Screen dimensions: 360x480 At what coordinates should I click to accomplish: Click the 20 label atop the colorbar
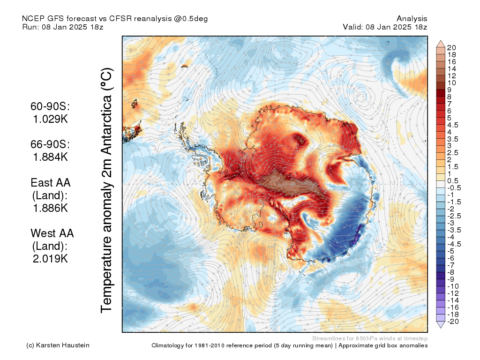click(452, 47)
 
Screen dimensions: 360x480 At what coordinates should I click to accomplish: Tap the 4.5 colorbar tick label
click(453, 125)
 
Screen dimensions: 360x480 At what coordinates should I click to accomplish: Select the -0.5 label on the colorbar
click(454, 187)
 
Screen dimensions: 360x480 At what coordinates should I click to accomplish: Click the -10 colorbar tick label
click(453, 286)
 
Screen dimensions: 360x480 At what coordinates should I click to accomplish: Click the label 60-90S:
click(50, 107)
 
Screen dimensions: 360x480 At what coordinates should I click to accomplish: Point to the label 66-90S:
click(50, 145)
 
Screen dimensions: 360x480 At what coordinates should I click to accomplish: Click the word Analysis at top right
click(412, 18)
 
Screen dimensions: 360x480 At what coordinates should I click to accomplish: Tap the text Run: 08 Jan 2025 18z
click(63, 27)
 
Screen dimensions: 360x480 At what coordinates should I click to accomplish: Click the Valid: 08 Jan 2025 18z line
click(385, 27)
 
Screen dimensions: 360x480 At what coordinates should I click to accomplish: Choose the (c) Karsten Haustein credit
click(58, 345)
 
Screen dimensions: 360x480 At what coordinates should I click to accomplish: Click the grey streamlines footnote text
click(369, 338)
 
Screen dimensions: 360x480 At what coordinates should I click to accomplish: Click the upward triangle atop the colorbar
click(441, 44)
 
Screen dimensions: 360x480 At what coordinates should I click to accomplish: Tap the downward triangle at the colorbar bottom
click(441, 325)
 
